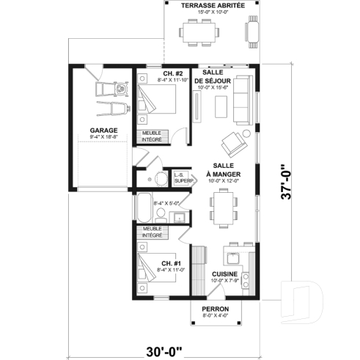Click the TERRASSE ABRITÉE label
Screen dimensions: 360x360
click(x=213, y=4)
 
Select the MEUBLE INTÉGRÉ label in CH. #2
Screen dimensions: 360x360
click(x=152, y=135)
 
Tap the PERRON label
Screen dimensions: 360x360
click(x=216, y=309)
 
